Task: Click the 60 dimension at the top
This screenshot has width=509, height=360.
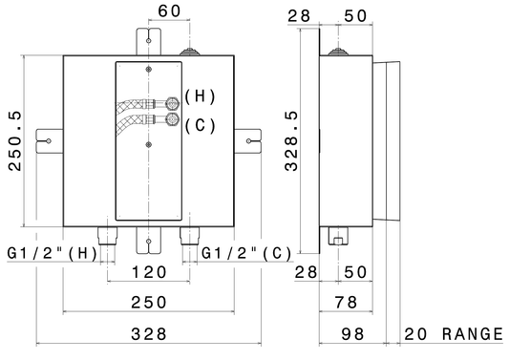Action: tap(169, 11)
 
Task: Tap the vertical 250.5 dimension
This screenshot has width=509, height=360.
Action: tap(15, 141)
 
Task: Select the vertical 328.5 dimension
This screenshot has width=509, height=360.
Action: tap(291, 141)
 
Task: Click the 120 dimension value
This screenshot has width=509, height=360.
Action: tap(149, 272)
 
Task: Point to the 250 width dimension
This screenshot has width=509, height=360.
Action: tap(149, 302)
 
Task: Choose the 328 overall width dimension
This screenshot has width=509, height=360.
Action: tap(149, 334)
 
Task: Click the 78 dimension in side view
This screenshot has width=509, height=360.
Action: tap(347, 302)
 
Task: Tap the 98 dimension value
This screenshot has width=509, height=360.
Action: tap(352, 334)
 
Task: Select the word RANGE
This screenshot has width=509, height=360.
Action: tap(473, 334)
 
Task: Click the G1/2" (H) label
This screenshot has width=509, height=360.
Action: tap(53, 253)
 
